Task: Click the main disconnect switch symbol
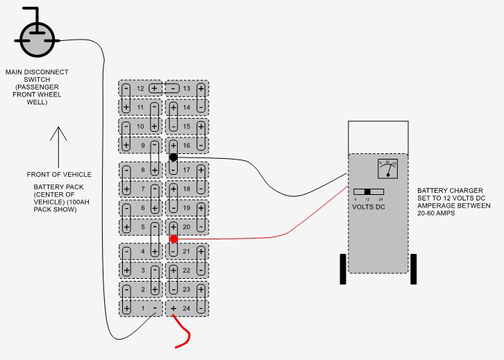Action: click(x=33, y=40)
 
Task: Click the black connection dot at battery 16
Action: click(x=173, y=157)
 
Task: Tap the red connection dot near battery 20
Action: click(x=173, y=239)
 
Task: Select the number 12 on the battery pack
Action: click(x=140, y=89)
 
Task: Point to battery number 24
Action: click(x=185, y=308)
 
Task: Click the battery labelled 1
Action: click(x=143, y=308)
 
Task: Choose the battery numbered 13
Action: click(x=186, y=89)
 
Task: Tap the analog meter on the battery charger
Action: click(x=387, y=169)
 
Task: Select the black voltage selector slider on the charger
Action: click(x=367, y=191)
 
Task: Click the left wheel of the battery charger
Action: click(x=342, y=268)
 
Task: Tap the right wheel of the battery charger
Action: click(x=413, y=268)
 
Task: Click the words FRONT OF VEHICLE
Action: click(x=59, y=174)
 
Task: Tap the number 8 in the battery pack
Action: click(x=143, y=170)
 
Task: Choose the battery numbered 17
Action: click(x=186, y=170)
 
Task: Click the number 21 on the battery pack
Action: click(x=186, y=251)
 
